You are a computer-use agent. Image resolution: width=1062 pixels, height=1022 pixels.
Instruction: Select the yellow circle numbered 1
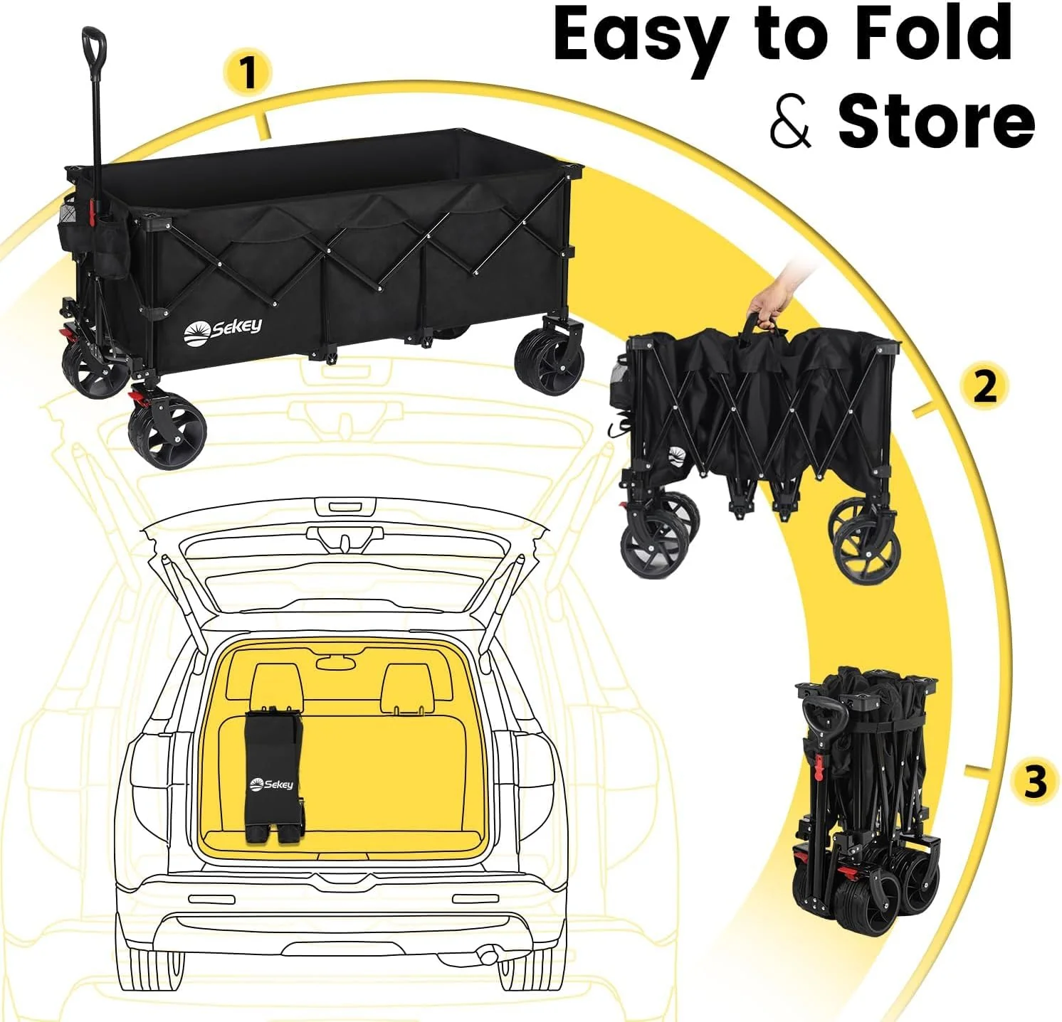[x=247, y=73]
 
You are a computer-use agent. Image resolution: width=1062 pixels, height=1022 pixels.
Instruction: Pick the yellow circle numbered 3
[x=1035, y=781]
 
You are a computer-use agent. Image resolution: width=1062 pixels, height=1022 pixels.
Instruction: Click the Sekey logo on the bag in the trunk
[x=271, y=784]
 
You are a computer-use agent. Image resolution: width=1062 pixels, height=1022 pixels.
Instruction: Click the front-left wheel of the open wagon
[x=167, y=433]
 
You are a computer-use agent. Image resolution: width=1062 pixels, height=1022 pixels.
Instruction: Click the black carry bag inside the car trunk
[x=274, y=775]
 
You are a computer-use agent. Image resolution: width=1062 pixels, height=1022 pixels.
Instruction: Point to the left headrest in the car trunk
[x=277, y=686]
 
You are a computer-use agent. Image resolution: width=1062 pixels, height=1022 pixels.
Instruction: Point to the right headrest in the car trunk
[x=407, y=687]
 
